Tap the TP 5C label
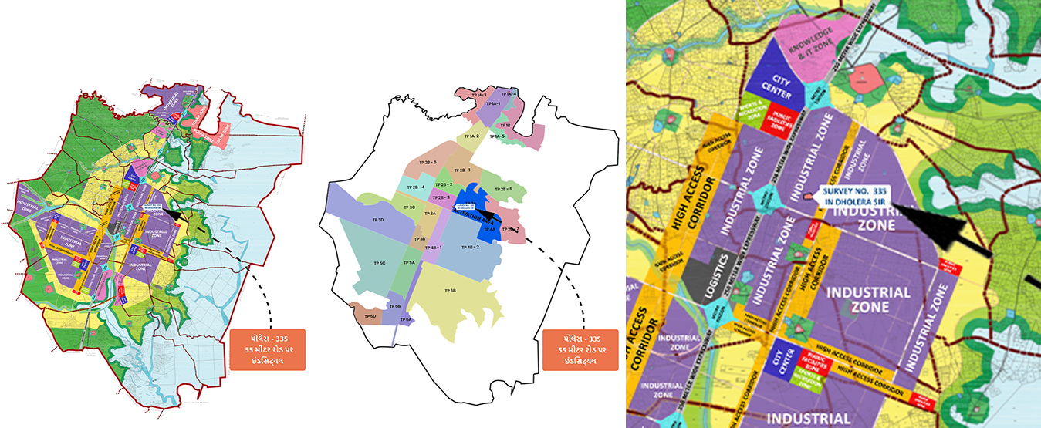pyautogui.click(x=380, y=263)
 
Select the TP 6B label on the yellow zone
pyautogui.click(x=451, y=289)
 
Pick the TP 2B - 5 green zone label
pyautogui.click(x=505, y=188)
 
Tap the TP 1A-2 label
pyautogui.click(x=472, y=136)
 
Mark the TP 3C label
pyautogui.click(x=412, y=207)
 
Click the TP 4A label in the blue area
pyautogui.click(x=489, y=229)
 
